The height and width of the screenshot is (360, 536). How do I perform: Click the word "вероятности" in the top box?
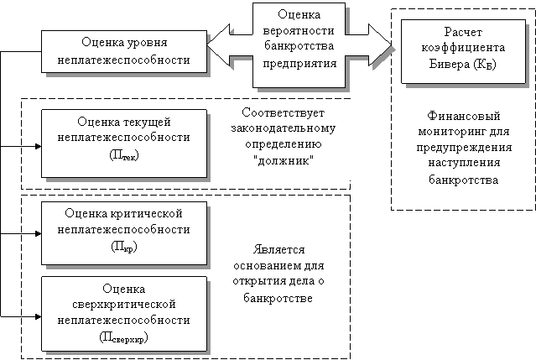coord(299,31)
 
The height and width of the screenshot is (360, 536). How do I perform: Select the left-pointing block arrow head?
coord(219,44)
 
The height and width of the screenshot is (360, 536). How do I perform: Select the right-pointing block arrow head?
coord(380,44)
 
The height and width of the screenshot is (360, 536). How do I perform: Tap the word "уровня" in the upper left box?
coord(148,43)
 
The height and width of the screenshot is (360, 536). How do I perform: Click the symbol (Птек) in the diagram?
coord(124,155)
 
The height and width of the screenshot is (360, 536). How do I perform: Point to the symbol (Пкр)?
coord(124,247)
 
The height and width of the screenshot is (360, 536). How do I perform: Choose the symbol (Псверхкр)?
coord(124,338)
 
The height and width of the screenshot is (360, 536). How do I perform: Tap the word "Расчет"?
coord(463,32)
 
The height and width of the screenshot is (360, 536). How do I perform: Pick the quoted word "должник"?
coord(284,160)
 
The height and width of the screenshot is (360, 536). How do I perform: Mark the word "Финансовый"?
coord(464,117)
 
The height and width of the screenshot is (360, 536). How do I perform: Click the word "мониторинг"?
coord(445,132)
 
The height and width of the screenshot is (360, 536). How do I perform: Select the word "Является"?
coord(278,249)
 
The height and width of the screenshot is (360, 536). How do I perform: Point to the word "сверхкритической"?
coord(124,305)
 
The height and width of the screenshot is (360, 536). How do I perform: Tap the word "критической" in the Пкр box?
coord(147,214)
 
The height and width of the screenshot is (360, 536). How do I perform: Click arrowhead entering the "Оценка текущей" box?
coord(39,146)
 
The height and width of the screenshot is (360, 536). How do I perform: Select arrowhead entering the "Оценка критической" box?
coord(39,234)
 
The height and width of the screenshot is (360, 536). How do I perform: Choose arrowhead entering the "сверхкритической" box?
coord(39,316)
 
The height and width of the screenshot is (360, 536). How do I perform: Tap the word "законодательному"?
coord(284,128)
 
